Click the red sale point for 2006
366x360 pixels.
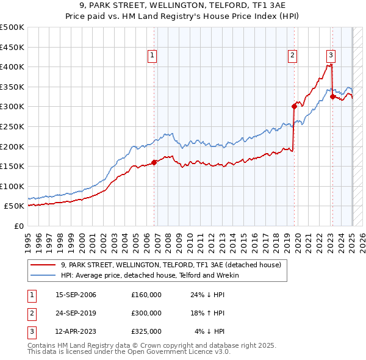[154, 162]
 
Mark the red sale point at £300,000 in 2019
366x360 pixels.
[294, 106]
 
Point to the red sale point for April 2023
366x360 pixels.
[332, 96]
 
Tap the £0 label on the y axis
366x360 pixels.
[18, 226]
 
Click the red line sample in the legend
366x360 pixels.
[43, 265]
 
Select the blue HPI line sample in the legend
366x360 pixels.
[43, 275]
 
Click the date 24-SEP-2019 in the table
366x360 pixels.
[76, 313]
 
